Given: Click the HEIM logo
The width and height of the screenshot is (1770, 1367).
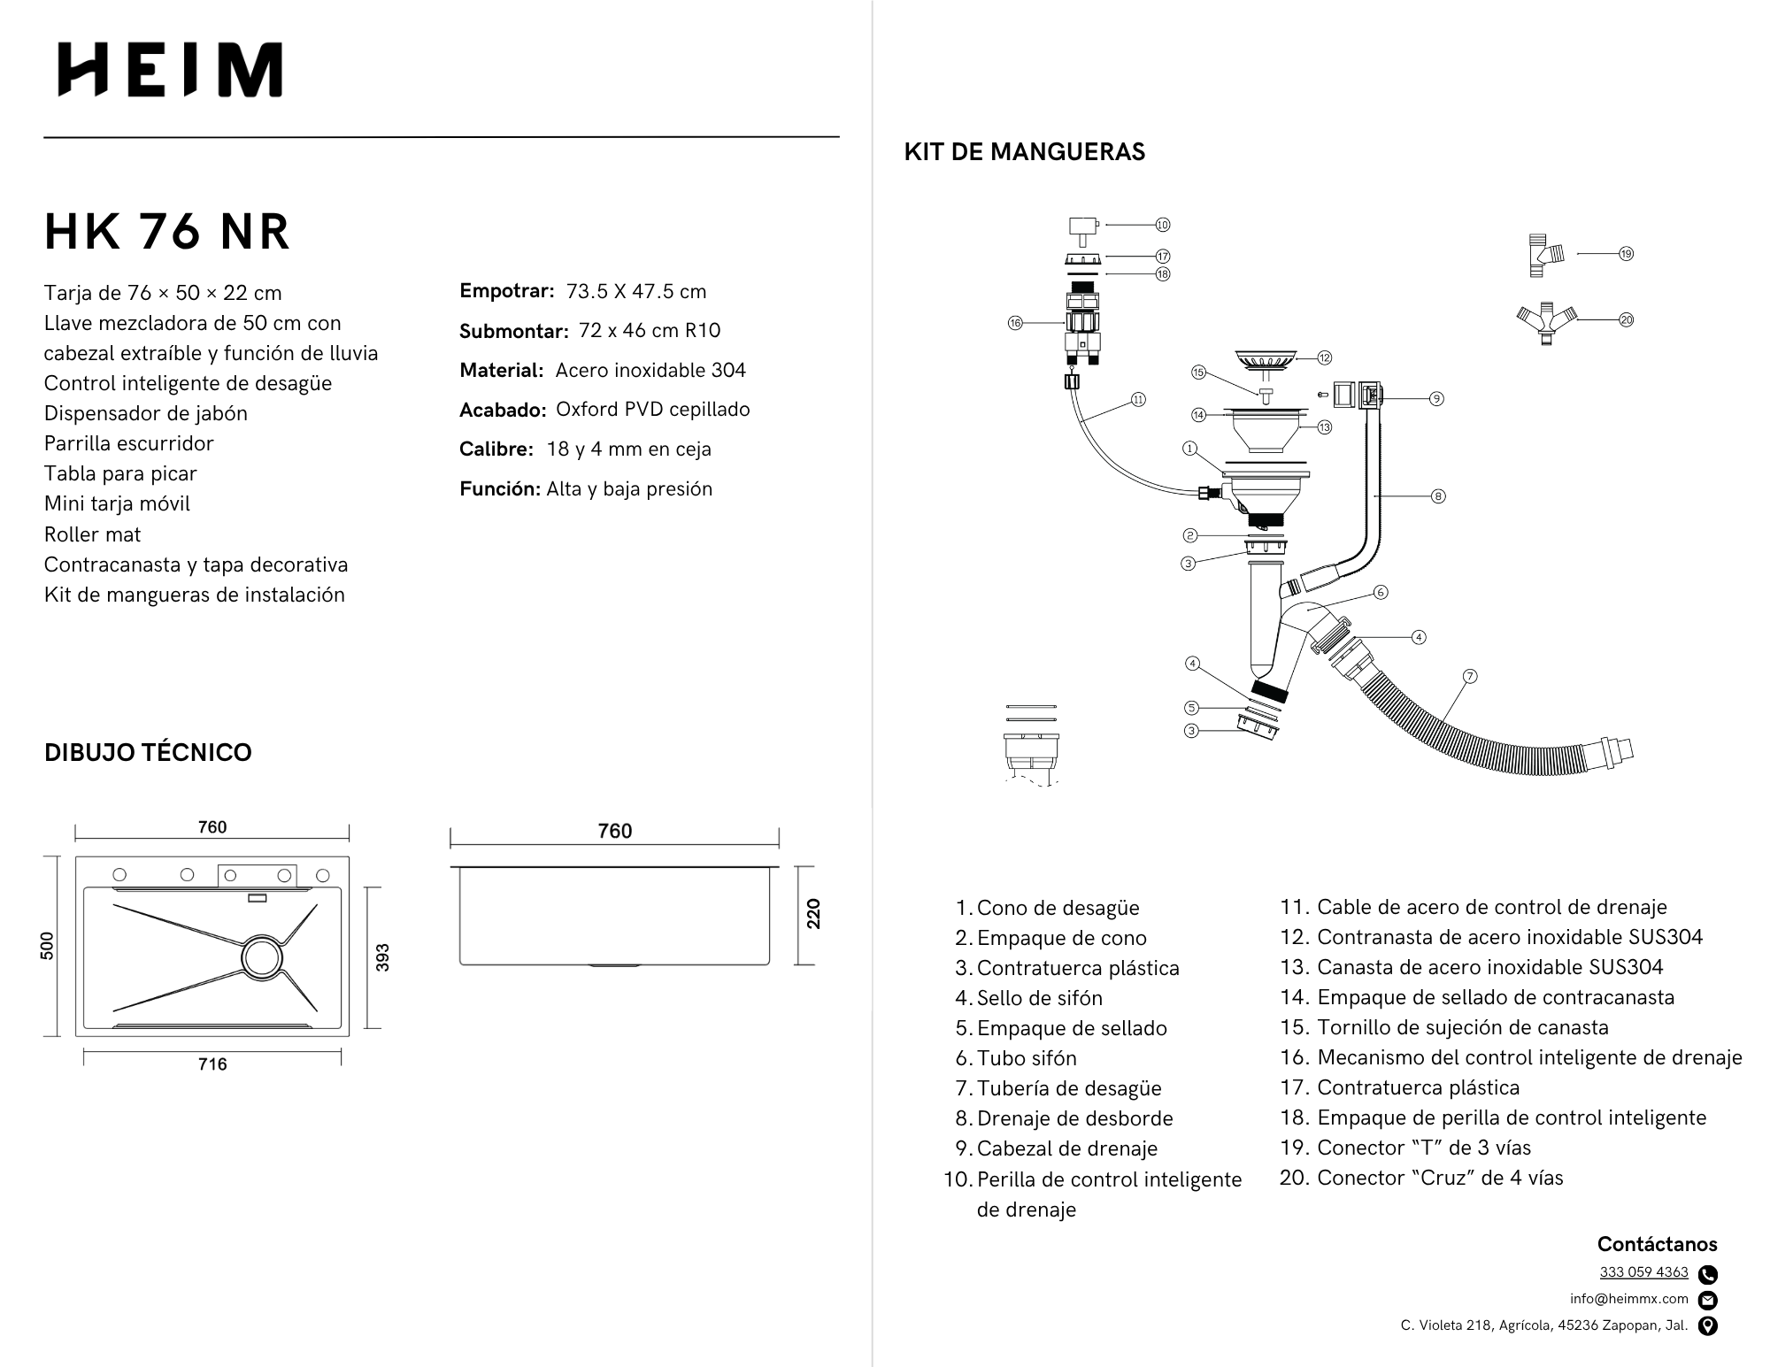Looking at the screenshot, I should coord(170,70).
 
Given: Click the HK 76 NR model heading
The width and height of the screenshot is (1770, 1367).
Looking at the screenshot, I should coord(167,232).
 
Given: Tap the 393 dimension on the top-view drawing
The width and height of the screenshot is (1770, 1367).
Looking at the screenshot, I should coord(382,957).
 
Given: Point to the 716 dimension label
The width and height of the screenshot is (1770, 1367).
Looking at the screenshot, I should coord(212,1064).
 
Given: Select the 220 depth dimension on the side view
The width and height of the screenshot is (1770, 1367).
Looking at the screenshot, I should coord(813,914).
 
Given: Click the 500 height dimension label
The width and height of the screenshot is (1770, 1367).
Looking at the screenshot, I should coord(48,945).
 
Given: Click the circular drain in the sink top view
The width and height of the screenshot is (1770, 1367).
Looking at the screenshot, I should coord(263,956).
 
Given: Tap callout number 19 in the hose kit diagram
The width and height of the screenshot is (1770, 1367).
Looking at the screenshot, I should coord(1626,254).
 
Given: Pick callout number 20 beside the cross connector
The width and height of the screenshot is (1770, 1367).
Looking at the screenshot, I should coord(1626,319).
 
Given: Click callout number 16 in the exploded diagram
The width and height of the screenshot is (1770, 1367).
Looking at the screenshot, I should coord(1015,323).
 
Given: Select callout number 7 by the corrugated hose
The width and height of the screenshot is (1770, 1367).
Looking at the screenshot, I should coord(1470,676).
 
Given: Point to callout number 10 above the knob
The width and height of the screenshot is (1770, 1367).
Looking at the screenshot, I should coord(1163,225).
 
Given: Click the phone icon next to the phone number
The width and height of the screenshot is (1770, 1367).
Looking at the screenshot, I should coord(1708,1274).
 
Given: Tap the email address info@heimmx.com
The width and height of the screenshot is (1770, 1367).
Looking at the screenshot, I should coord(1629,1299).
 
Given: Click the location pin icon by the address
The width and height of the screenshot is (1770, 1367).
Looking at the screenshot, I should coord(1708,1325).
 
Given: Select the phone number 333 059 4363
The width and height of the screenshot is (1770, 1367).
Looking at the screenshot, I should coord(1643,1272).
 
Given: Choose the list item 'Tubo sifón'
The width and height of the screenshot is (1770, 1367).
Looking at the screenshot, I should coord(1027,1058).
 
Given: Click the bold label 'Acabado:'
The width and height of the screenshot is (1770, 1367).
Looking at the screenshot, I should coord(502,410).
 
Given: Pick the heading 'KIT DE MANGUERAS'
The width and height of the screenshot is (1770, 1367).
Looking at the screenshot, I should coord(1024,152).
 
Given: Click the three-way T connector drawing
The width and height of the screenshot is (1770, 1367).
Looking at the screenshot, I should coord(1545,255).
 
